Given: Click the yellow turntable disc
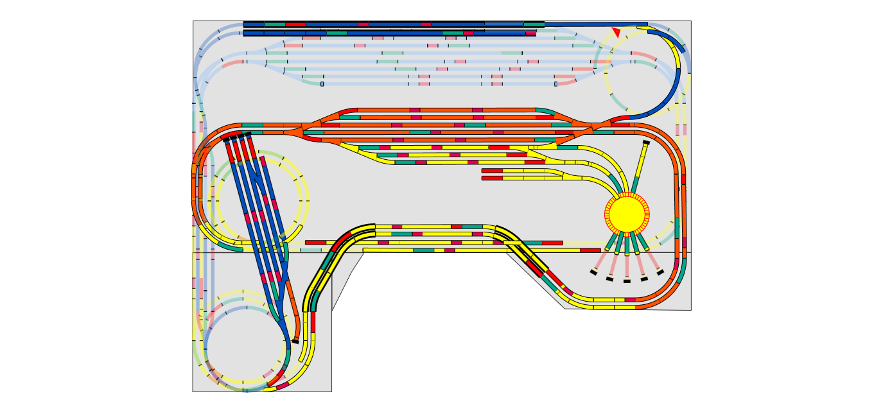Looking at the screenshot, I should point(627,214).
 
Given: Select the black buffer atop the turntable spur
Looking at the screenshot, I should point(646,142).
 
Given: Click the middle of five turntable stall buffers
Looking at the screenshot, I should point(627,280).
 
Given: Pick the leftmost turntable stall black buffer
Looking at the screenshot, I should point(593,272).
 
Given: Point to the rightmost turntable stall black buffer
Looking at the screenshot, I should point(660,272).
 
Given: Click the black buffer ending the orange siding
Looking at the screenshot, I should point(295,341).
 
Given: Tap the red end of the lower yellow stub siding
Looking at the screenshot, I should point(492,178).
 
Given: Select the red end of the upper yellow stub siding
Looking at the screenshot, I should point(492,171).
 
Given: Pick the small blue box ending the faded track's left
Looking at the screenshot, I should point(322,83).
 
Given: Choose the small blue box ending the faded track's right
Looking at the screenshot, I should point(555,83).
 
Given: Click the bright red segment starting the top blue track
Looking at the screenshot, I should point(295,24).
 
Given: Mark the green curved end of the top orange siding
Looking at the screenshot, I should point(545,111).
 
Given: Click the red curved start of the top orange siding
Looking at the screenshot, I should point(347,111).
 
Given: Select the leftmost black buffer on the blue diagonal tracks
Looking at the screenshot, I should point(226,139).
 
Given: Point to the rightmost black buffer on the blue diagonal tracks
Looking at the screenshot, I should point(247,134).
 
